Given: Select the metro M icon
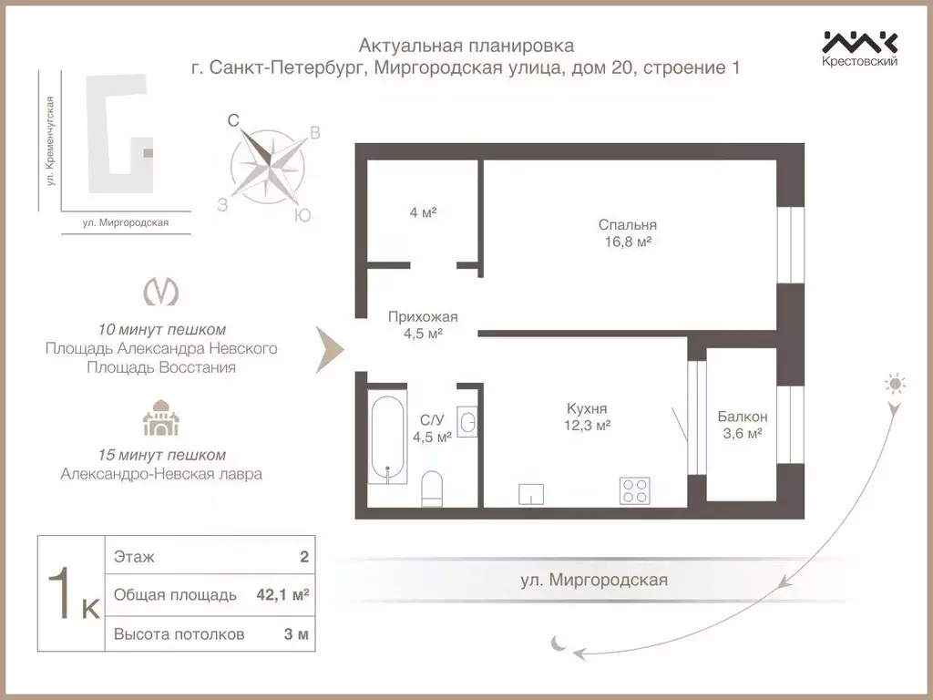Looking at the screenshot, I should pos(161,292).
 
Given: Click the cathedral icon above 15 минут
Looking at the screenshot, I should pos(161,419).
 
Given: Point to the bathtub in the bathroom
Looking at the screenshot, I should pos(389,438).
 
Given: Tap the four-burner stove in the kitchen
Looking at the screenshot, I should pos(634,490).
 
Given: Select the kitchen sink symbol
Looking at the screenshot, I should pos(531,494).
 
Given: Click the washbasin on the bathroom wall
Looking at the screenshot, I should pos(467,422).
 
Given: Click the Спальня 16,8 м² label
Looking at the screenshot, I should pos(628,233).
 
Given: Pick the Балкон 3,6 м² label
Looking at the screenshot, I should pos(742,425).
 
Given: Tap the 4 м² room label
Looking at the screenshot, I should pos(423,212).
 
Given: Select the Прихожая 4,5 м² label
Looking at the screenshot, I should pos(423,325).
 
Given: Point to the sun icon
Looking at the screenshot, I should pos(896,384).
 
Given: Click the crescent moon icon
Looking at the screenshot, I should pos(559,643).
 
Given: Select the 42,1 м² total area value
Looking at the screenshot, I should pos(282,595).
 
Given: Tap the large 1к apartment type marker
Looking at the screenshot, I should pos(72,595).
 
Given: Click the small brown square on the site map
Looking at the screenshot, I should pos(149,155).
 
